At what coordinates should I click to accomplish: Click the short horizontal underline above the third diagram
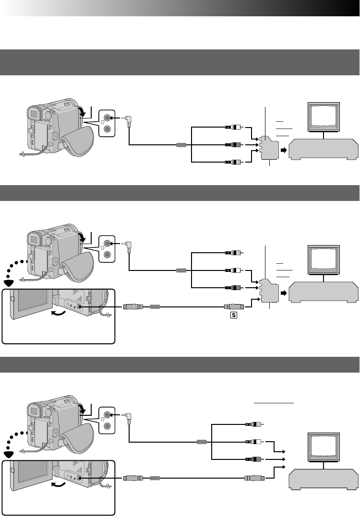274,404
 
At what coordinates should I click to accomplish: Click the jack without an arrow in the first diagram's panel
108,129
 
